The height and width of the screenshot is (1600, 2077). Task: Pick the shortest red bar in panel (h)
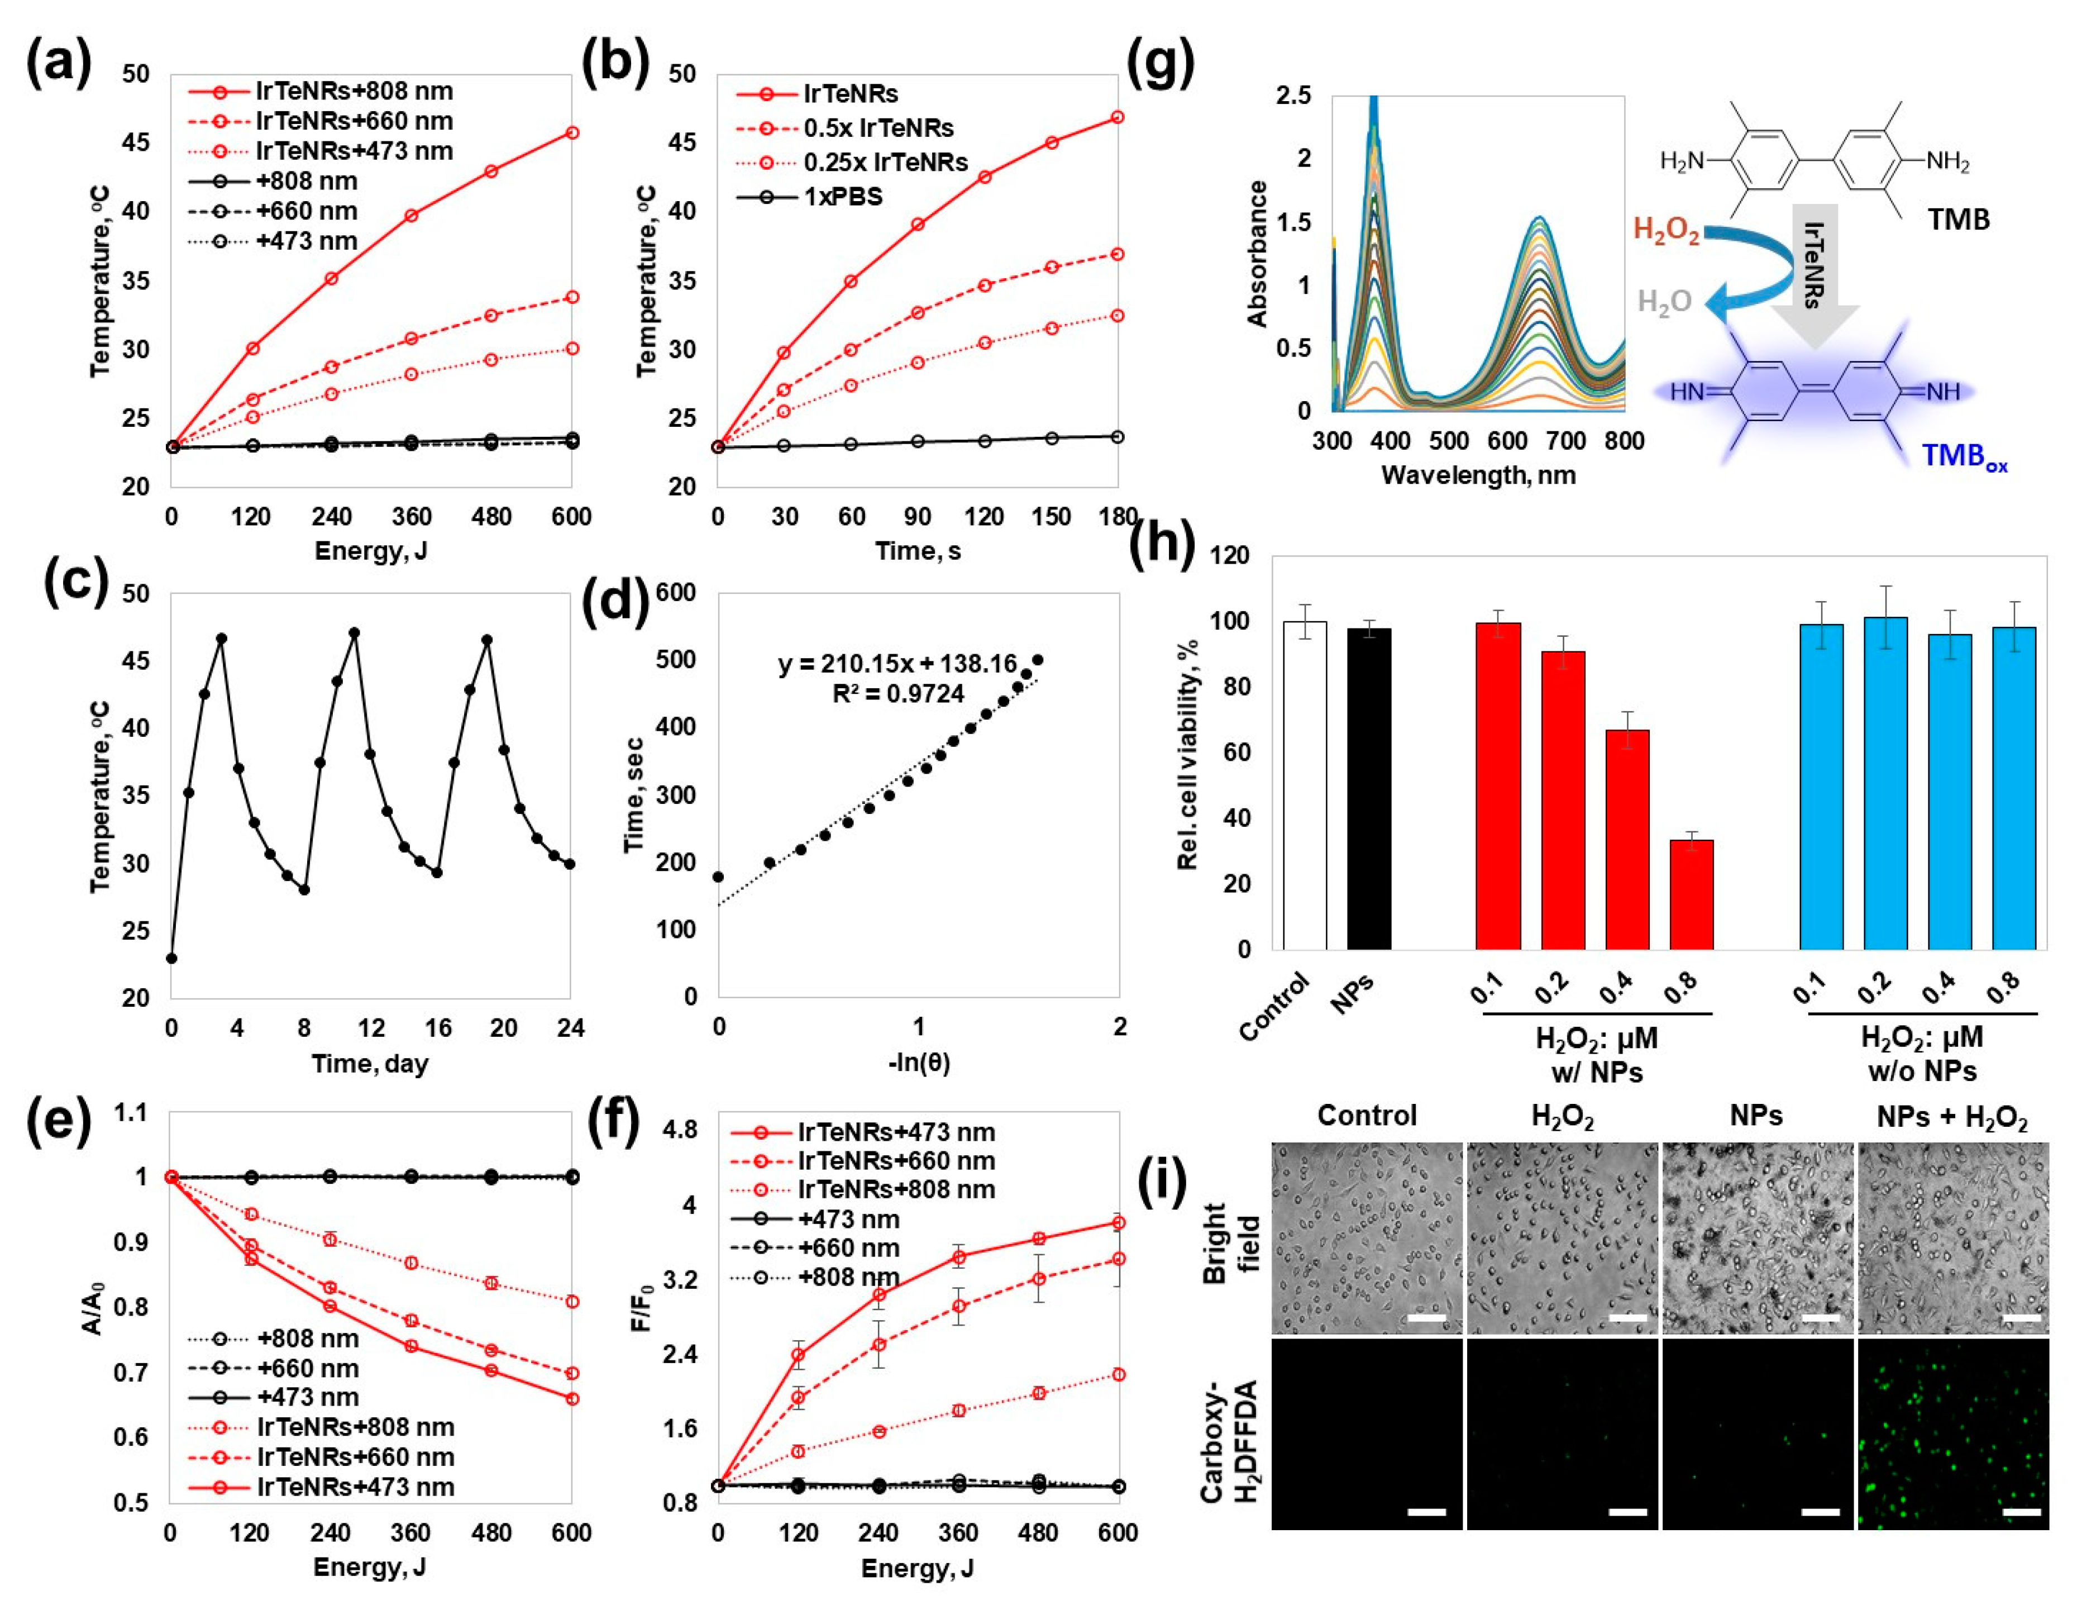(x=1691, y=894)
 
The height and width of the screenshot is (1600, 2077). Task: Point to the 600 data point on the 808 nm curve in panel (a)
(x=571, y=132)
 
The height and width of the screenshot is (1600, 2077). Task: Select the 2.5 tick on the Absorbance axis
(x=1293, y=95)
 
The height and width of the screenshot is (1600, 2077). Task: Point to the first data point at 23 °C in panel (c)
(x=171, y=958)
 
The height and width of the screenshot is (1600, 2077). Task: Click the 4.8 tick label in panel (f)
(x=679, y=1130)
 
